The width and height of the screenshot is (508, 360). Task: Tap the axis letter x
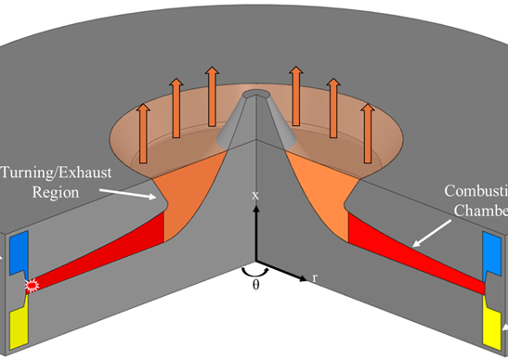(254, 196)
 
